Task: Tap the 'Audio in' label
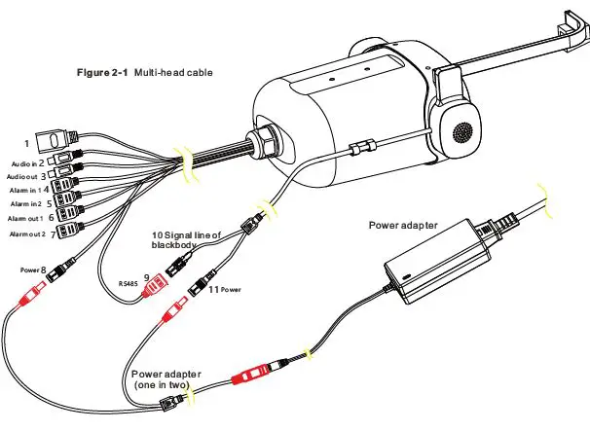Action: (24, 163)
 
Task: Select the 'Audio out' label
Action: (24, 177)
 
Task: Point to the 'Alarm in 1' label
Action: (27, 191)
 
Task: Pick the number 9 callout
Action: (146, 277)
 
